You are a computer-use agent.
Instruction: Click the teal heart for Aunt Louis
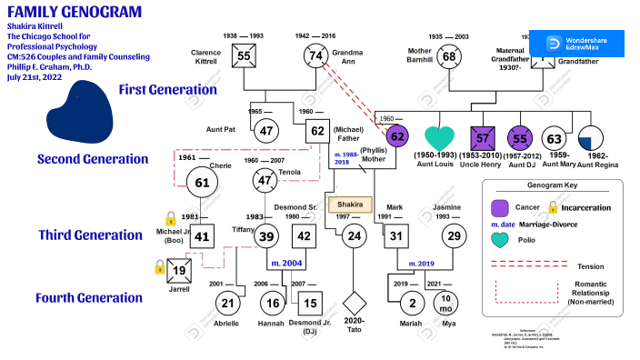pyautogui.click(x=439, y=139)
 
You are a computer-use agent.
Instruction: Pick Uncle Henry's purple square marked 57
pyautogui.click(x=484, y=139)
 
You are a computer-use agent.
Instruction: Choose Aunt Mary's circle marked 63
pyautogui.click(x=554, y=139)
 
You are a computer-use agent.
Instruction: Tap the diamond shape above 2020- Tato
pyautogui.click(x=355, y=303)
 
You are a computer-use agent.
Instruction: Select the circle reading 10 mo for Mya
pyautogui.click(x=446, y=303)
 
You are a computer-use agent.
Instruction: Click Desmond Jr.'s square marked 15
pyautogui.click(x=310, y=303)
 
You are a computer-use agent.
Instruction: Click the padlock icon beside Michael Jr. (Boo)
pyautogui.click(x=170, y=219)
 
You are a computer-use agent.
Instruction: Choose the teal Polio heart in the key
pyautogui.click(x=499, y=240)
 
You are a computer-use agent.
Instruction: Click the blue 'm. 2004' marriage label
pyautogui.click(x=287, y=263)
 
